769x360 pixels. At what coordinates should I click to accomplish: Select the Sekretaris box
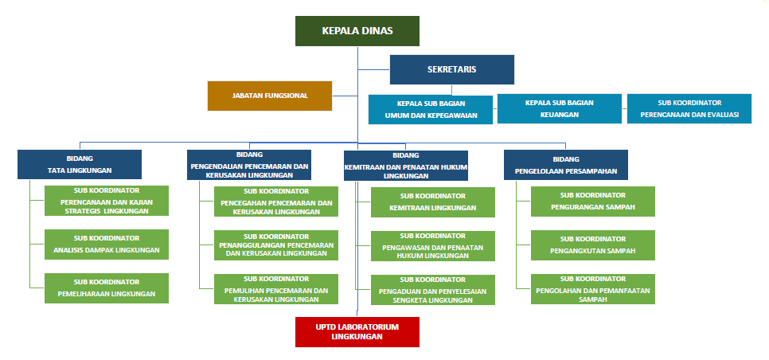452,69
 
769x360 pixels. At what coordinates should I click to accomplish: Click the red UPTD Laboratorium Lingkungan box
357,332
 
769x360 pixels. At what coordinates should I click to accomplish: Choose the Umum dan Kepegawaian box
431,109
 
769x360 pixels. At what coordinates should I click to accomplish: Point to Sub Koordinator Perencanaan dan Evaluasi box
689,109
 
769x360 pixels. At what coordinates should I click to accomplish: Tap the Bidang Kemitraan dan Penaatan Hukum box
406,165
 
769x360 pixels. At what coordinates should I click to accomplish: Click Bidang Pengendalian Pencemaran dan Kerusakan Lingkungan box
249,165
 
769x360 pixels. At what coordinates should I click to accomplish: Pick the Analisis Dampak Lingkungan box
107,245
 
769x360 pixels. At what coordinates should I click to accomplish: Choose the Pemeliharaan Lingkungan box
107,288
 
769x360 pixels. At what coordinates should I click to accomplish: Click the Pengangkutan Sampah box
593,245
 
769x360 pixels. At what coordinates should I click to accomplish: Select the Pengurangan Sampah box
593,202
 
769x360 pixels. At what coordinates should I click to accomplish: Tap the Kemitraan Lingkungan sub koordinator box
433,202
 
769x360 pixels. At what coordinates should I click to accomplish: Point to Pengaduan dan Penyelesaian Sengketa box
433,290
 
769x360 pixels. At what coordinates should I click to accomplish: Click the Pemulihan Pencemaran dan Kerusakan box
276,289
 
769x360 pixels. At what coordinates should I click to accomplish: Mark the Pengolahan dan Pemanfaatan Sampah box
593,289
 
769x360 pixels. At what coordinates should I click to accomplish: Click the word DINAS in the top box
378,31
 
